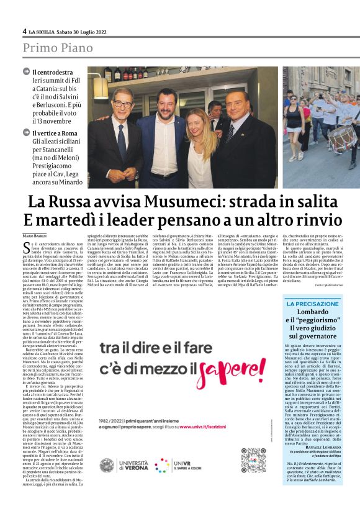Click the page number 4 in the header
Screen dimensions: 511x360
point(24,31)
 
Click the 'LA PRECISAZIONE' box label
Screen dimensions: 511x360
point(312,304)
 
